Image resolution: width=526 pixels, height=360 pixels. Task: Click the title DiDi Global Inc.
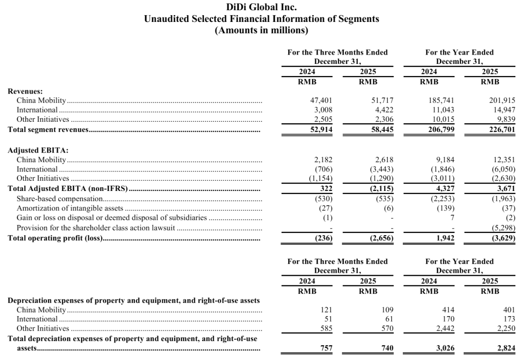coord(262,7)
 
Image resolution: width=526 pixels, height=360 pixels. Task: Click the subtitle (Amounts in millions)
coord(262,30)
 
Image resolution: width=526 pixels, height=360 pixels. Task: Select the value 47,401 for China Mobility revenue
coord(321,100)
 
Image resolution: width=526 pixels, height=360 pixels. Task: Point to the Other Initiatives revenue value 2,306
coord(383,120)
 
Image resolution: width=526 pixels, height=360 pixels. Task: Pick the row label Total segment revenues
coord(48,130)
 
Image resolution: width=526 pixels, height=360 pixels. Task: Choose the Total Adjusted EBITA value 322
coord(326,189)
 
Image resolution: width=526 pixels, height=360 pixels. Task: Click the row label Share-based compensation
coord(59,199)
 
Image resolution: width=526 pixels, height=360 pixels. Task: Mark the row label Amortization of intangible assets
coord(70,208)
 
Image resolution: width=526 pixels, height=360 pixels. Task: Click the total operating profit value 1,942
coord(445,238)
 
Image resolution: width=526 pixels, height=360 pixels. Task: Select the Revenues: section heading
coord(25,91)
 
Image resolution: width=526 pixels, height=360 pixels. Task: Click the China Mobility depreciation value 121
coord(326,310)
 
